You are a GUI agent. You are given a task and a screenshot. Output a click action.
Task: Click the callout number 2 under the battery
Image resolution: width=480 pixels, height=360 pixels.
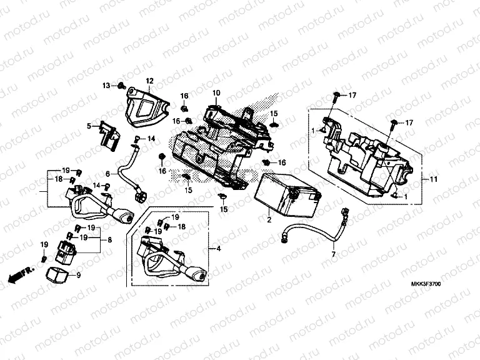click(269, 220)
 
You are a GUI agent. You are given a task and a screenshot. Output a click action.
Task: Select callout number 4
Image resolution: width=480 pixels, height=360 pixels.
click(219, 249)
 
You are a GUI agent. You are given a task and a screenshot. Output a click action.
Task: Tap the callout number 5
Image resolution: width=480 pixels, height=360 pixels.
click(89, 126)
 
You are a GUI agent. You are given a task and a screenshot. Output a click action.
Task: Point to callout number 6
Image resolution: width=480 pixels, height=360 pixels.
click(107, 174)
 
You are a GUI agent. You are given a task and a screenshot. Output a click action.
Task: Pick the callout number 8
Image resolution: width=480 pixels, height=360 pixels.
click(110, 239)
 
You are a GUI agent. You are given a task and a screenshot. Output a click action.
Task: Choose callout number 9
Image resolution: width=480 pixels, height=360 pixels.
click(79, 275)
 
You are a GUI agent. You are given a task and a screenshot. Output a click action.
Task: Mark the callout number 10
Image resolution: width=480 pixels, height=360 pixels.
click(216, 93)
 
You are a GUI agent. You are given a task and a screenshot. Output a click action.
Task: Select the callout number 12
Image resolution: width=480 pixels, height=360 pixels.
click(149, 81)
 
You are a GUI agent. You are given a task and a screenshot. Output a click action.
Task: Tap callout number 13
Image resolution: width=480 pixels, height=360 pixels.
click(106, 85)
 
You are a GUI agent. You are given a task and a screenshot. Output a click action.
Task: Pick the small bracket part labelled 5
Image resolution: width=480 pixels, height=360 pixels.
click(108, 134)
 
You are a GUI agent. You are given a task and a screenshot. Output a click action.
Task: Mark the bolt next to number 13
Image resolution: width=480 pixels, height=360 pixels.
click(121, 85)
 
